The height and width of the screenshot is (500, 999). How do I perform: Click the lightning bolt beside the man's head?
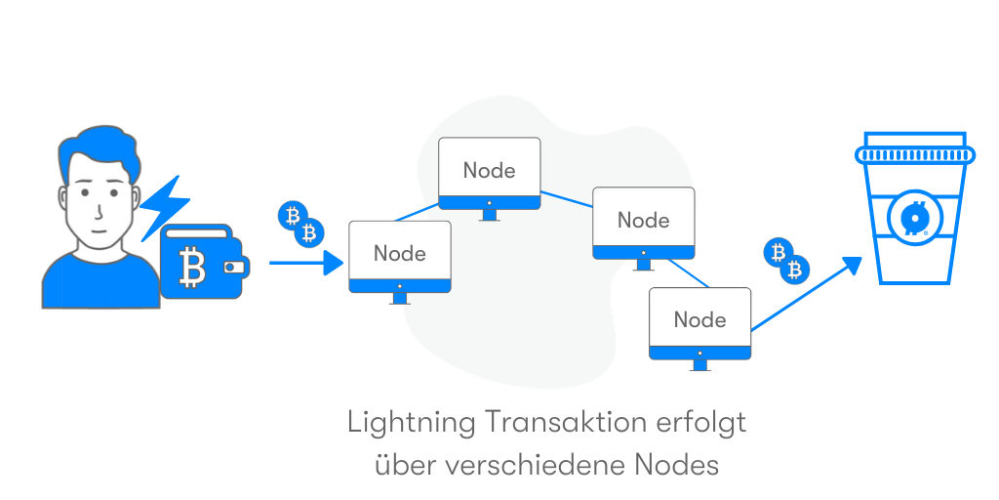click(165, 207)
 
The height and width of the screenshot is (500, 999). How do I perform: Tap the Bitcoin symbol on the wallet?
click(192, 268)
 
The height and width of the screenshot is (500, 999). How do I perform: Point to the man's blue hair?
click(101, 149)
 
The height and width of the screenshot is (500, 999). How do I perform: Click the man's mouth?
click(97, 230)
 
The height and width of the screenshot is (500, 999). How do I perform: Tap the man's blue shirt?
click(100, 280)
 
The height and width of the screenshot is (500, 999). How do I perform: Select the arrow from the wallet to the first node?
click(306, 262)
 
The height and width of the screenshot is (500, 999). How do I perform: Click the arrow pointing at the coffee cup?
click(807, 293)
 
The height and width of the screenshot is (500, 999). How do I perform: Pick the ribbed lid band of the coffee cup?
click(915, 154)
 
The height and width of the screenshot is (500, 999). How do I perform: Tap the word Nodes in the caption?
click(677, 466)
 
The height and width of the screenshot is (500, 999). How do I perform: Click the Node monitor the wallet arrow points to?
click(399, 262)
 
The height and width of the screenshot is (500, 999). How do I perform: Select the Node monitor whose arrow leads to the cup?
click(699, 329)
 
